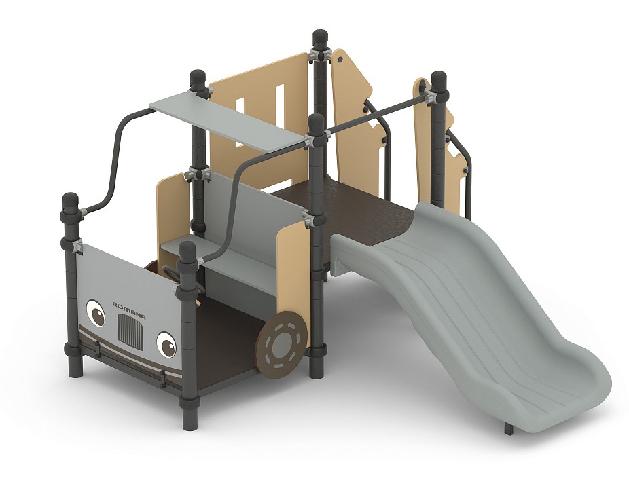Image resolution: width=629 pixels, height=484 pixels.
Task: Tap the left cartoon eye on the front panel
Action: (x=96, y=312)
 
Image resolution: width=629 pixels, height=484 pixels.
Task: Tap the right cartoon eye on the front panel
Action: (x=166, y=344)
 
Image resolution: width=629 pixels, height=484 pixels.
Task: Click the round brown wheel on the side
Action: (x=283, y=343)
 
